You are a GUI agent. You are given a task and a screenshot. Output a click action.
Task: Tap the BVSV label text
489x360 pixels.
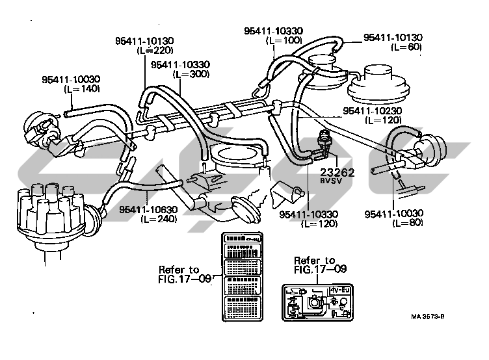[x=330, y=183]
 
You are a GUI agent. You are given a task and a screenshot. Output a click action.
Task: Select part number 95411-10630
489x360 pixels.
[x=151, y=209]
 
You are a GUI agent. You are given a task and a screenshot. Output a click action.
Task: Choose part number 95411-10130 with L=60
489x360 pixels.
[x=393, y=38]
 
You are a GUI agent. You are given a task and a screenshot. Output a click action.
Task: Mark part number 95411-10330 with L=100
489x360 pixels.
[x=274, y=31]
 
